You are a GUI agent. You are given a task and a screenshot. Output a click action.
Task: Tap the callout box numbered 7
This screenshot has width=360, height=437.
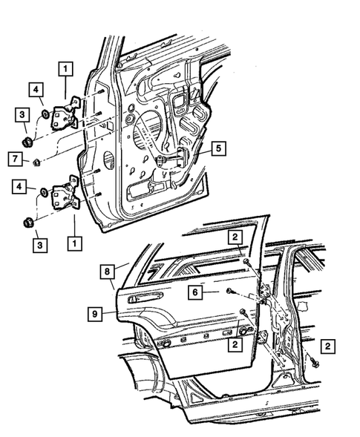coord(14,158)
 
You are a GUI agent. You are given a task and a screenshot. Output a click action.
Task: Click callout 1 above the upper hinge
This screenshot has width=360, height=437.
coord(66,70)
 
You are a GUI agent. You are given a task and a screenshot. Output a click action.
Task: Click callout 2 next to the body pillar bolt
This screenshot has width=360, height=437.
coord(327,346)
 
